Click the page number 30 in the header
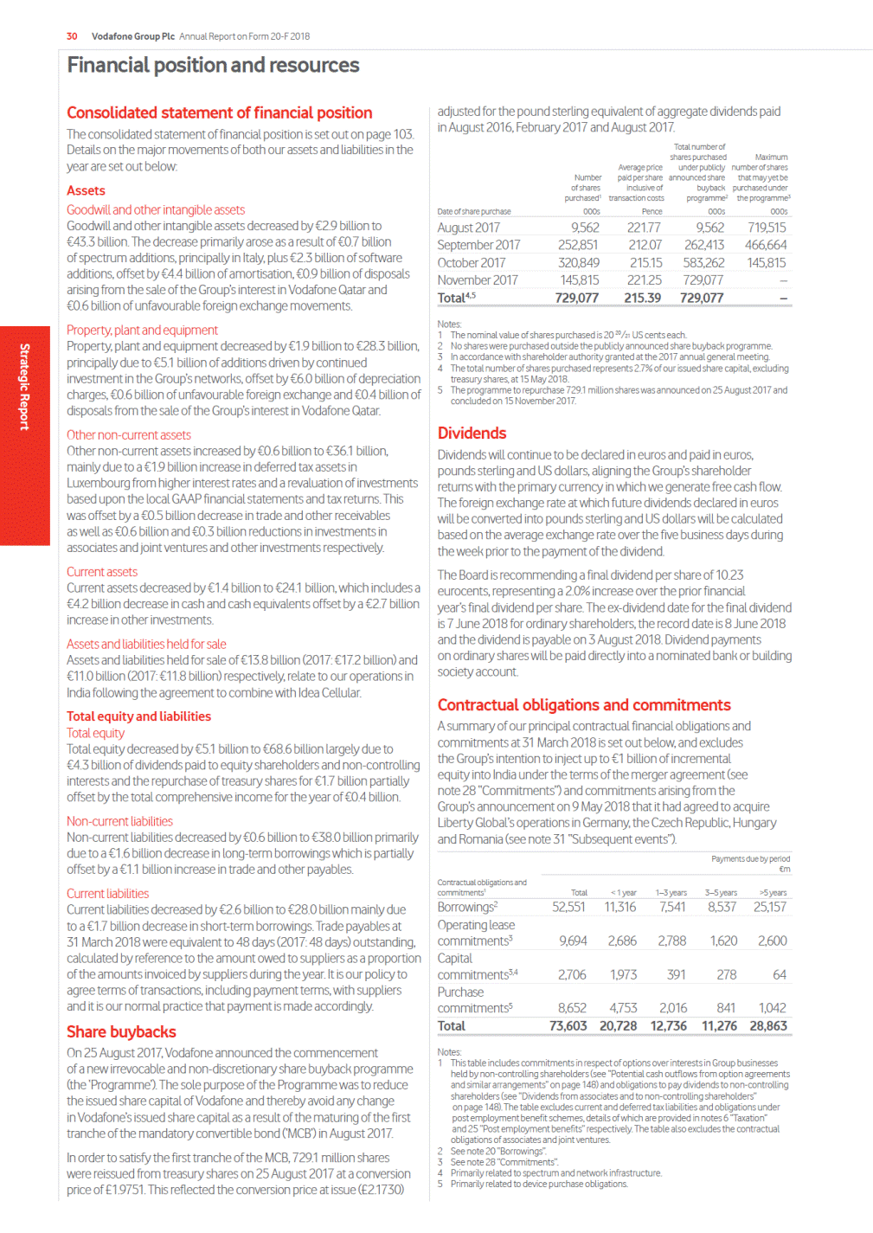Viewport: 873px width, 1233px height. (x=72, y=36)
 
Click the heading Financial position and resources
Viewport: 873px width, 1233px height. (x=213, y=66)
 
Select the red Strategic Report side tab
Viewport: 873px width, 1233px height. (x=25, y=387)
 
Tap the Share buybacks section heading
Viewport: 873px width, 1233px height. (x=121, y=1032)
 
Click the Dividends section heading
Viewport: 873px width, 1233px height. (x=472, y=433)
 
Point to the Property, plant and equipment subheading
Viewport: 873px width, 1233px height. (x=142, y=331)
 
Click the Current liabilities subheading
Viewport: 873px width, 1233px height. (x=107, y=894)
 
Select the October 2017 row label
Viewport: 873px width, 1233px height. (x=472, y=263)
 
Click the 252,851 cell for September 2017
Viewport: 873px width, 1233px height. (x=578, y=246)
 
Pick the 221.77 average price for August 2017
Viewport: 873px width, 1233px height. (x=644, y=228)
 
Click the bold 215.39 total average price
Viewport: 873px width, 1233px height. (x=642, y=298)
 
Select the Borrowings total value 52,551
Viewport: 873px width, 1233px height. (x=568, y=908)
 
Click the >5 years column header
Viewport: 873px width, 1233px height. (x=773, y=893)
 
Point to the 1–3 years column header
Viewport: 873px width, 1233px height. (x=671, y=893)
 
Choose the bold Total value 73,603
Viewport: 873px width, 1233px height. (x=568, y=1026)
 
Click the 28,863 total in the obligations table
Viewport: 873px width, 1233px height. (x=767, y=1026)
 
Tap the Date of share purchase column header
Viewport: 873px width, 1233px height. (x=474, y=212)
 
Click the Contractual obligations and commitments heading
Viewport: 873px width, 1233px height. (x=584, y=705)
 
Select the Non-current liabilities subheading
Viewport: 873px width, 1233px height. (x=119, y=821)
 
